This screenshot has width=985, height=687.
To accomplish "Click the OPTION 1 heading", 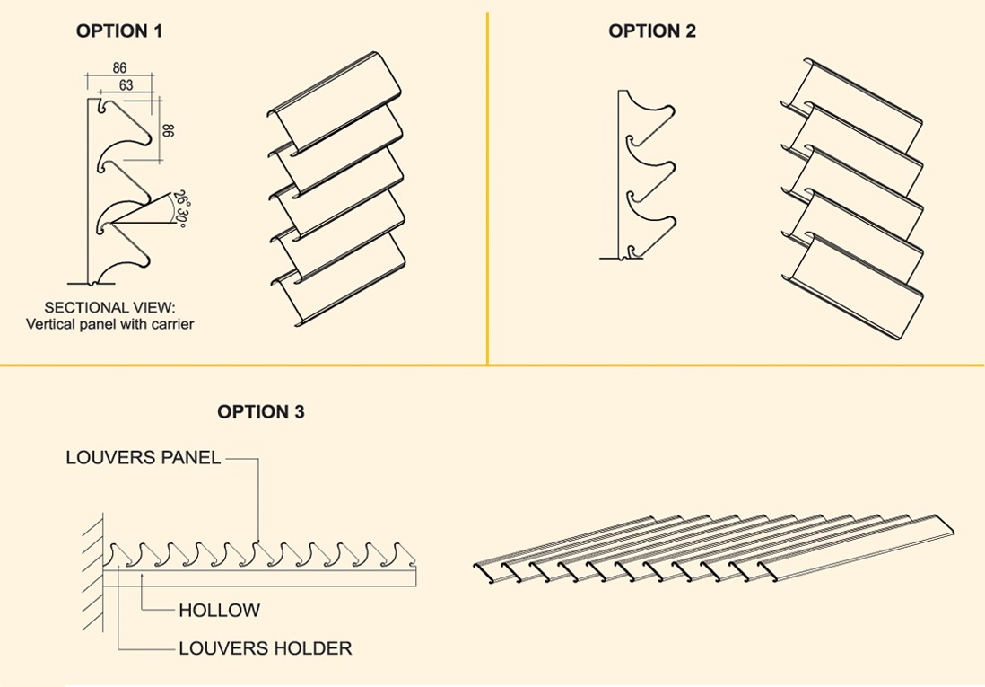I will tap(119, 31).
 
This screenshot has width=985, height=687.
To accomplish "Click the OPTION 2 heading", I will tap(652, 31).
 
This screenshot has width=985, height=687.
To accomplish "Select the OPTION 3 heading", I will tap(260, 412).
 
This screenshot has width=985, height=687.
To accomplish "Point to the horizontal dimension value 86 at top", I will tap(119, 68).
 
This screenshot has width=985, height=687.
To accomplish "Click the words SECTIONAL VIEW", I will tap(109, 307).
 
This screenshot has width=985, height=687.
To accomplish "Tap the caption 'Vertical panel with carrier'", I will tap(109, 323).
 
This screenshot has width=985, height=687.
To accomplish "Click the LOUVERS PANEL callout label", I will tap(143, 457).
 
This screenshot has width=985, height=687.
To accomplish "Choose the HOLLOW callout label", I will tap(219, 611).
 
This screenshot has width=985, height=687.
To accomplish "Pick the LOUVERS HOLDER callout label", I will tap(265, 647).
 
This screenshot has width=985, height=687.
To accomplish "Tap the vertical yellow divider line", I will tap(487, 180).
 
